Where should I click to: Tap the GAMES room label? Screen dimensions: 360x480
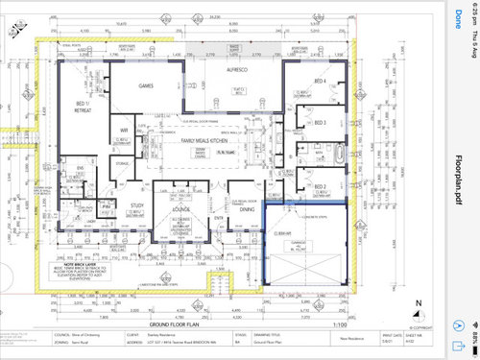coord(147,85)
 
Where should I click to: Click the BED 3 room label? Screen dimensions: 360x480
coord(320,123)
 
